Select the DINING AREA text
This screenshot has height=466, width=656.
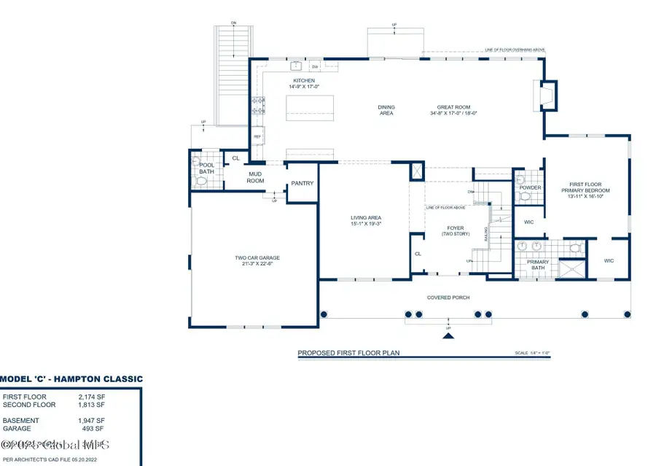pyautogui.click(x=386, y=110)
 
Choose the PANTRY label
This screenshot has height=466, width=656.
pyautogui.click(x=302, y=183)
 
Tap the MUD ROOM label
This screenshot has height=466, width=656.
pyautogui.click(x=255, y=177)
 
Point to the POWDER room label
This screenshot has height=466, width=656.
pyautogui.click(x=530, y=188)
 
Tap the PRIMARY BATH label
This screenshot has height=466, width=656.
pyautogui.click(x=538, y=265)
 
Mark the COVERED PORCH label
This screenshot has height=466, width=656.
pyautogui.click(x=448, y=298)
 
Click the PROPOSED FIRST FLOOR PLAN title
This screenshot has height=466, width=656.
pyautogui.click(x=348, y=353)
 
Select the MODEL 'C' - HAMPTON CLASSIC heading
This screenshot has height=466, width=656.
pyautogui.click(x=71, y=379)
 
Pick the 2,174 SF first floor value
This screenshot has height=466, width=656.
pyautogui.click(x=91, y=397)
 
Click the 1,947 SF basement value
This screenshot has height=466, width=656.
pyautogui.click(x=91, y=421)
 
